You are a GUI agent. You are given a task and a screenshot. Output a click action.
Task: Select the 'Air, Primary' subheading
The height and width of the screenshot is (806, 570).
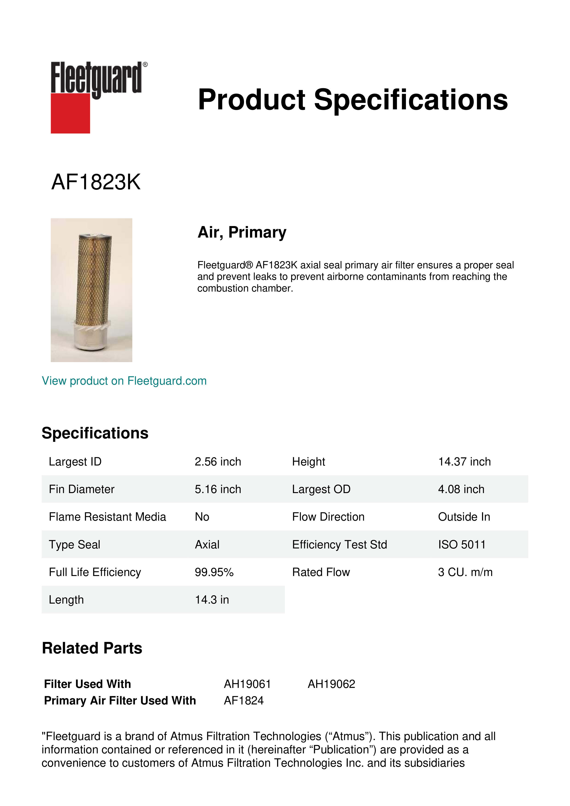click(242, 232)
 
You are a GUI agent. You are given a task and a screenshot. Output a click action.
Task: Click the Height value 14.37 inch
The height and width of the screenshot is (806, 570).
click(464, 462)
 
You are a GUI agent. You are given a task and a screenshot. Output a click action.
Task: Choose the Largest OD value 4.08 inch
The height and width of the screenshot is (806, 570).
click(461, 489)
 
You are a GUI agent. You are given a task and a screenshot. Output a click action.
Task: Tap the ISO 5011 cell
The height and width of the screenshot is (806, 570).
click(462, 545)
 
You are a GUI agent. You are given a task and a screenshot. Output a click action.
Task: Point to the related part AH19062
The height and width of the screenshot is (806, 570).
click(331, 684)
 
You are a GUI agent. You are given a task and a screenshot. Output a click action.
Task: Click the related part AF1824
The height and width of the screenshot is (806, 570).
click(244, 701)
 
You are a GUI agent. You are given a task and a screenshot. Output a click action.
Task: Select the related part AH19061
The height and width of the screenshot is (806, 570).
click(247, 684)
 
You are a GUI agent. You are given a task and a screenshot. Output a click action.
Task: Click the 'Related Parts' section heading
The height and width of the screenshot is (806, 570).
click(92, 648)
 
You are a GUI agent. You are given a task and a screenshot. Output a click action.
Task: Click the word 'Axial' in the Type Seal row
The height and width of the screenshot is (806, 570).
click(207, 545)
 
